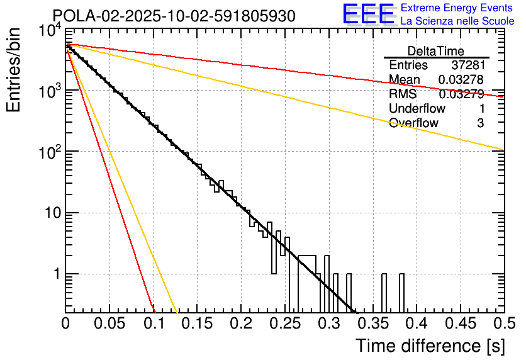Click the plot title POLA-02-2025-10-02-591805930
point(174,16)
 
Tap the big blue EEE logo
point(368,14)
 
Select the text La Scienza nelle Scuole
point(457,21)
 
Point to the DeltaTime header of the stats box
point(436,51)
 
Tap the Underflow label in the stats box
point(417,108)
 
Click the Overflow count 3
point(480,123)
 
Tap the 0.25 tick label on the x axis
point(284,323)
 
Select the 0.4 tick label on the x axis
point(416,323)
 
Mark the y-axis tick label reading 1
point(55,275)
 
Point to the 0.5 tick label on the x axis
point(503,323)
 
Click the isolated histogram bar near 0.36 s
point(383,293)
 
